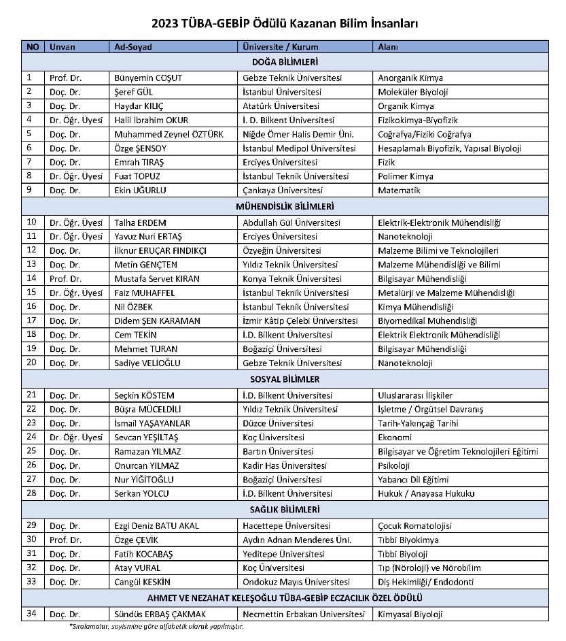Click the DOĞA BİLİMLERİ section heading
pos(285,62)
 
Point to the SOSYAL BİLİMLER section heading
pos(285,379)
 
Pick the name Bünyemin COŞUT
pos(149,78)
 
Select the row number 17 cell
pos(31,320)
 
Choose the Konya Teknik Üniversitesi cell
pos(292,278)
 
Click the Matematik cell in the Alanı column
pos(400,191)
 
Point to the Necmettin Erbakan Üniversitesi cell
pos(304,614)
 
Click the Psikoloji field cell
pos(394,465)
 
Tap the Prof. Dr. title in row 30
pos(66,540)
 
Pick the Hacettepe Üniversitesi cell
pos(287,525)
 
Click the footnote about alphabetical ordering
pos(156,627)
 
